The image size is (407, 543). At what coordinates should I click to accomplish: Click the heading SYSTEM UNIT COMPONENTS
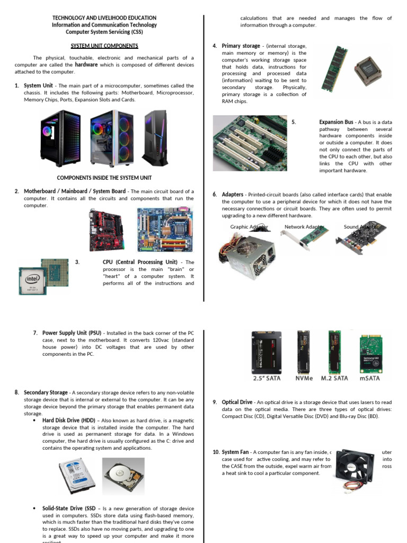pyautogui.click(x=104, y=46)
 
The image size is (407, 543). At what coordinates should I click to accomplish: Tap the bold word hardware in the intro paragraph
pyautogui.click(x=86, y=65)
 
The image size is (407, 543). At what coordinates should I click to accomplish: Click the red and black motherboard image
pyautogui.click(x=108, y=229)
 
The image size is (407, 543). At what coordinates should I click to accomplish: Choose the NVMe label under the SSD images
pyautogui.click(x=304, y=379)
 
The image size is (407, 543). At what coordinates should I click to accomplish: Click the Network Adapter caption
pyautogui.click(x=304, y=227)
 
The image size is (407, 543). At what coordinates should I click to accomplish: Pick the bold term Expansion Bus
pyautogui.click(x=338, y=122)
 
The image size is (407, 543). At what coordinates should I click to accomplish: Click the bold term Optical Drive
pyautogui.click(x=237, y=402)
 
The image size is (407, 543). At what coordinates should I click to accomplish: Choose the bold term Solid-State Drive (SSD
pyautogui.click(x=69, y=509)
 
